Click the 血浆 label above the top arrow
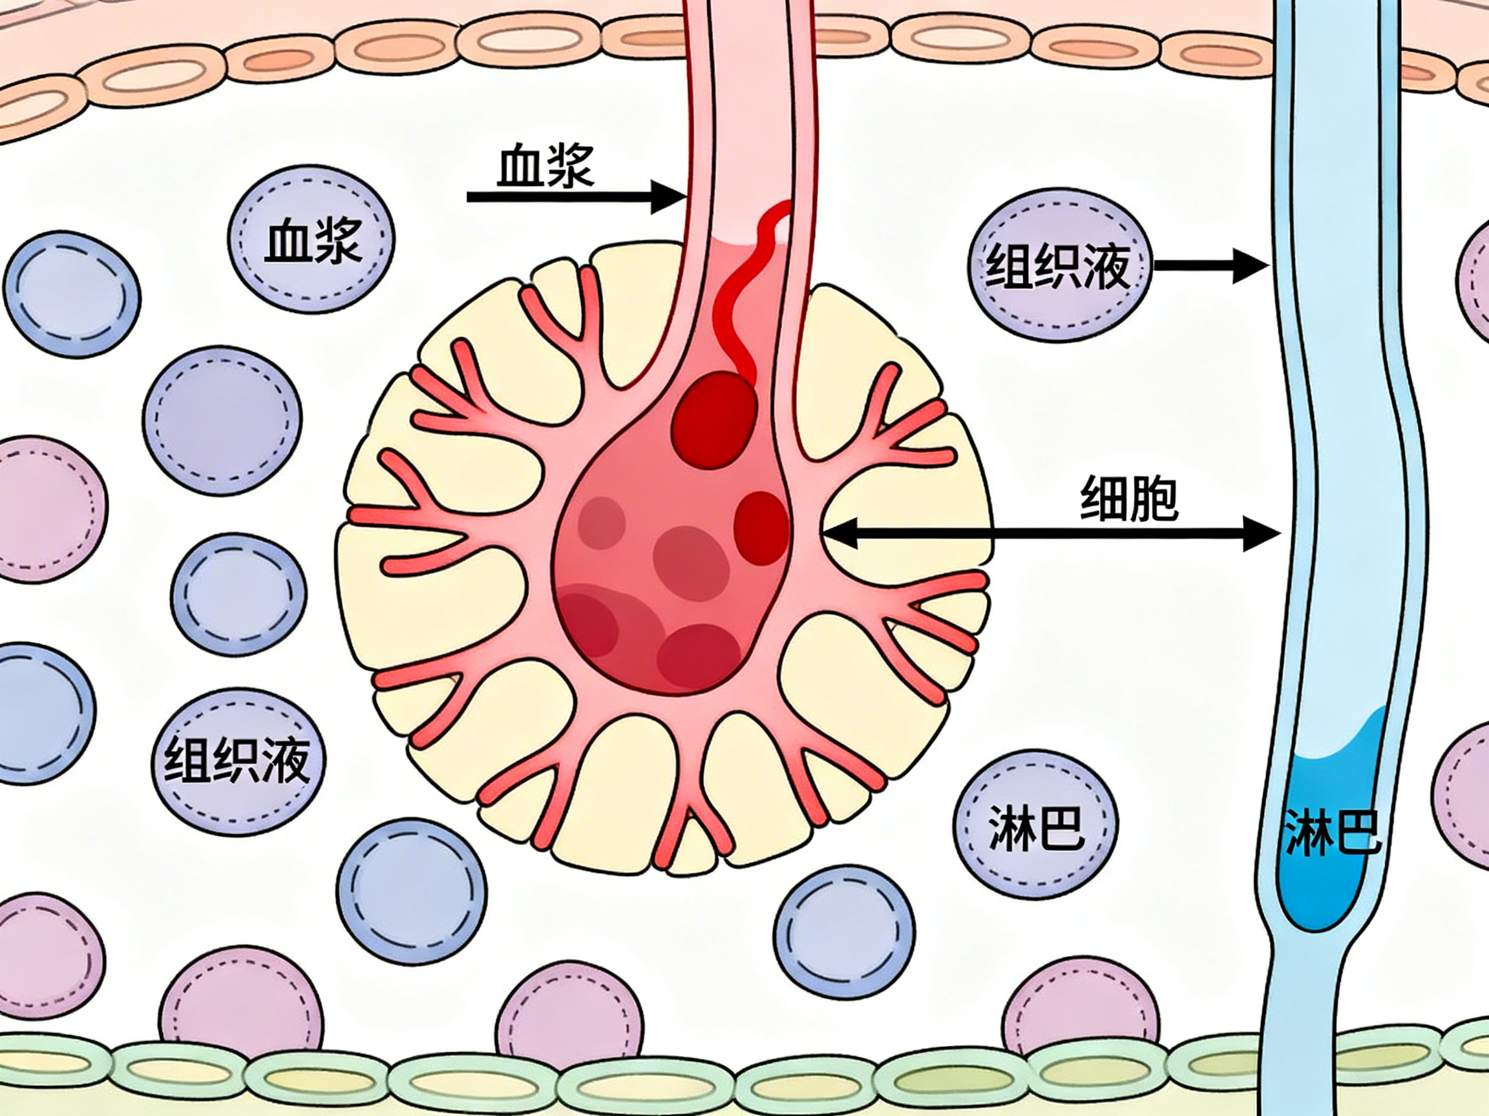[545, 166]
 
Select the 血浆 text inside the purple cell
[313, 240]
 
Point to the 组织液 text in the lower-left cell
[237, 760]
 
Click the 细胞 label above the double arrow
[1130, 499]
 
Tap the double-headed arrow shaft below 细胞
[1050, 533]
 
